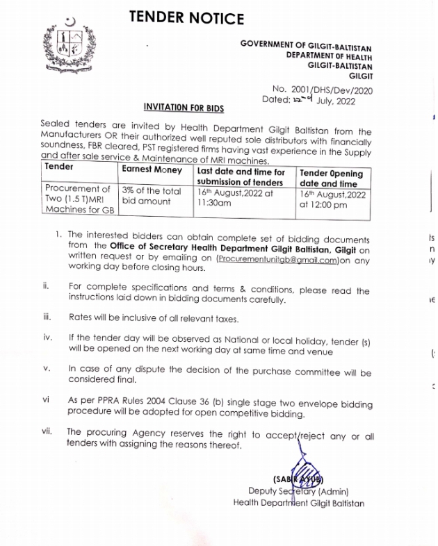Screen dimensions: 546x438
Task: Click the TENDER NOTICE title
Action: coord(186,18)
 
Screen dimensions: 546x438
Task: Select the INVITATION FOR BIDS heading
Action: coord(184,108)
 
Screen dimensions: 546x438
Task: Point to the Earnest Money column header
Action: coord(152,169)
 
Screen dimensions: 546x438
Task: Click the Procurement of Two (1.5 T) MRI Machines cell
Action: coord(78,199)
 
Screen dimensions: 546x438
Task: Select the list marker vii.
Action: coord(47,431)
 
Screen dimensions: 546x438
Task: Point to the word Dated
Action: coord(277,99)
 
